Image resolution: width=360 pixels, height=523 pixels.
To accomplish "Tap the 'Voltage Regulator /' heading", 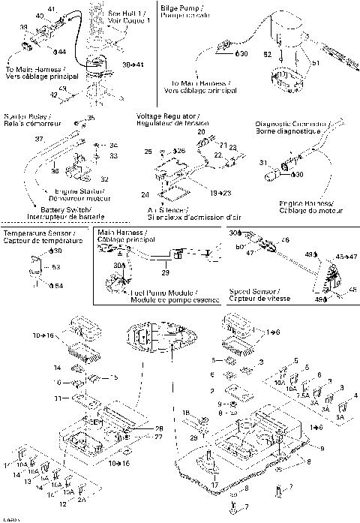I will pyautogui.click(x=167, y=116).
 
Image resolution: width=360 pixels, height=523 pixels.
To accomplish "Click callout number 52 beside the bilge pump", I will pyautogui.click(x=268, y=55).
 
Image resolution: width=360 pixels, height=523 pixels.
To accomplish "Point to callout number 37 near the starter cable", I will pyautogui.click(x=39, y=140).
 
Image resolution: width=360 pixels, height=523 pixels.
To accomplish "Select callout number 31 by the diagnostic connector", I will pyautogui.click(x=263, y=162).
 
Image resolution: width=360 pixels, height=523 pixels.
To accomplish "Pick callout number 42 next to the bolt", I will pyautogui.click(x=53, y=95).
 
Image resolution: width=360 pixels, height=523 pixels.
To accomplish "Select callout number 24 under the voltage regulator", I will pyautogui.click(x=145, y=194).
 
